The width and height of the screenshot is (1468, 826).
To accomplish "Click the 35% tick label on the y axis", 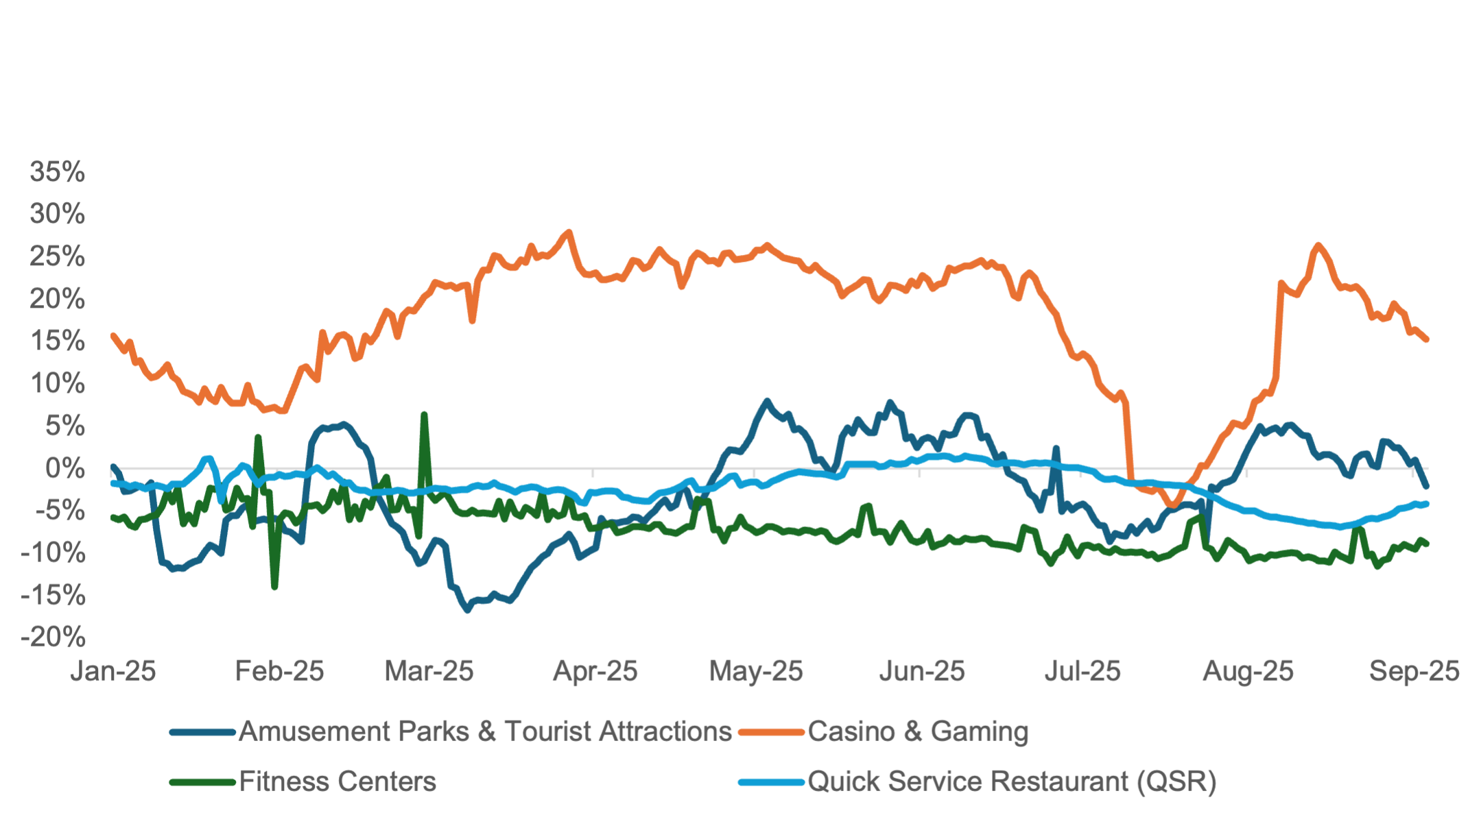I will [58, 172].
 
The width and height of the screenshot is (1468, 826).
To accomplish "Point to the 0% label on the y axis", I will [65, 469].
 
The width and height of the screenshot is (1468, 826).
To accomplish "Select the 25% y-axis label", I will [58, 257].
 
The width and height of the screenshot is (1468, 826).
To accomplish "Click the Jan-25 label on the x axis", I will [113, 671].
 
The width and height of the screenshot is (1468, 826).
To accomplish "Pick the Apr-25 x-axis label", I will [595, 671].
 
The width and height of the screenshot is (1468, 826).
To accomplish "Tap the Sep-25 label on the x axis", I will [1414, 671].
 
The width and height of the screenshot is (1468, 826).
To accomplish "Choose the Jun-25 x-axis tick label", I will [921, 671].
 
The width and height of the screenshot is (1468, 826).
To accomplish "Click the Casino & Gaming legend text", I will [918, 731].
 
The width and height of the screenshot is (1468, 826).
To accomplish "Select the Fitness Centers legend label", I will [338, 781].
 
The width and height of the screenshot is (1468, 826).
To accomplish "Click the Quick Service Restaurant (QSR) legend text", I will [1012, 781].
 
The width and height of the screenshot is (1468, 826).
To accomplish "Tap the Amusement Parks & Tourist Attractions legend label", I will [485, 731].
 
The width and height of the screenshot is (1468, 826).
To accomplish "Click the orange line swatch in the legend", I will [771, 732].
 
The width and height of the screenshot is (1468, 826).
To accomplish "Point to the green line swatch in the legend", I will [202, 782].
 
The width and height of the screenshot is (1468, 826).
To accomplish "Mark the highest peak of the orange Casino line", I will [568, 232].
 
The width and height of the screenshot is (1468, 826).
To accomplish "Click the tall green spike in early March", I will [425, 414].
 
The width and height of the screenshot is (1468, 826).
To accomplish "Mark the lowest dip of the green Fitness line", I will [275, 587].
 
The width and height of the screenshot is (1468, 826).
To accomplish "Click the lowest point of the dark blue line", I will [468, 610].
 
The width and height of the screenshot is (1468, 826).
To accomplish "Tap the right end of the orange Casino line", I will [1427, 340].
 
